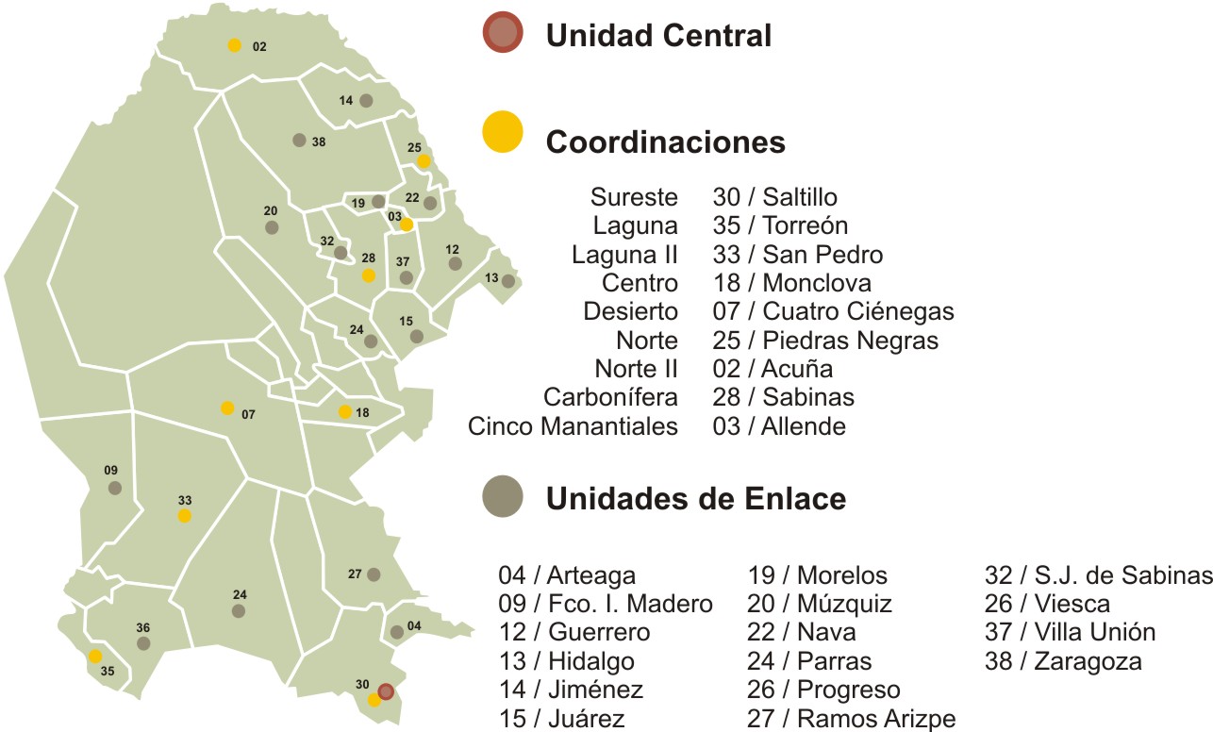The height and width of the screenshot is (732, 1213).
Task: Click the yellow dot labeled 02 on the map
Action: coord(234,44)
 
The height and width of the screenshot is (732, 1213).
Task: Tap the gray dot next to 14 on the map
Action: coord(366,100)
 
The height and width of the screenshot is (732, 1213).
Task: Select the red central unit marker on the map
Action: coord(386,690)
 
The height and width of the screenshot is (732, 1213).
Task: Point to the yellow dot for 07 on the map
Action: coord(227,408)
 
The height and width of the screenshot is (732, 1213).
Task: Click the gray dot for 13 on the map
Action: coord(508,281)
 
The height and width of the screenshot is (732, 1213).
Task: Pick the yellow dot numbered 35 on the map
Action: coord(95,656)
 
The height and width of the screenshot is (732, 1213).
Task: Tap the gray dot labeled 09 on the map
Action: coord(115,488)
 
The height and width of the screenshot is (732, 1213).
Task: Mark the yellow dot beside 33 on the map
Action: coord(185,515)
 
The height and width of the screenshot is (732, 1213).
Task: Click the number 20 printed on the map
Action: coord(271,211)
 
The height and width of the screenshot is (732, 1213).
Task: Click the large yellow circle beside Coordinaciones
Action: coord(502,131)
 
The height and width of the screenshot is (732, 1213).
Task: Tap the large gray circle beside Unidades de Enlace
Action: coord(502,496)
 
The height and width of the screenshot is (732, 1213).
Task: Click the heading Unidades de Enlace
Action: coord(695,499)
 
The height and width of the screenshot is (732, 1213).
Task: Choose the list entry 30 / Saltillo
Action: coord(775,197)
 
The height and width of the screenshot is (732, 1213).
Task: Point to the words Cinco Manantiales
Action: coord(573,426)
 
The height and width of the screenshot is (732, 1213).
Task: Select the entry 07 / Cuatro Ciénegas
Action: coord(834,311)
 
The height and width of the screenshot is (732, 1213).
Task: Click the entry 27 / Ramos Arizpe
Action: coord(852,719)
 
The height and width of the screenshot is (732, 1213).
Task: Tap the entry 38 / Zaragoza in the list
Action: coord(1063,661)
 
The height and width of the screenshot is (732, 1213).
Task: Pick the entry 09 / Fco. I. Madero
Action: coord(606,604)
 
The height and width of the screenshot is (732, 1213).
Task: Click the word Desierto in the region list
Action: coord(630,311)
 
